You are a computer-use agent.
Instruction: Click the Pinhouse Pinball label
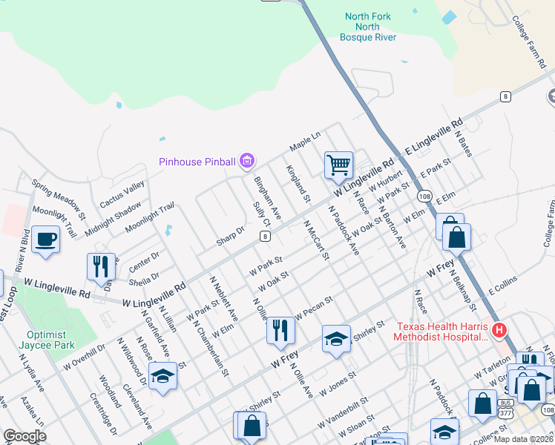pos(197,162)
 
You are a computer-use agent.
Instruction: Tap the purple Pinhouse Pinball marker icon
pos(248,161)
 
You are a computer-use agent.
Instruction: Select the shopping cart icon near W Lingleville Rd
pos(338,165)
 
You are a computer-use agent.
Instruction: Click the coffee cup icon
pos(45,240)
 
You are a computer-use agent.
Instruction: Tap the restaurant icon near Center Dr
pos(101,266)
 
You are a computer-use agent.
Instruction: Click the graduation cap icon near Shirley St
pos(336,339)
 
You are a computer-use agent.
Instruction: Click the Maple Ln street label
pos(304,139)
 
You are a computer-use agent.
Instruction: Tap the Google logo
pos(24,436)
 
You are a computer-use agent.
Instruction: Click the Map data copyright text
pos(523,439)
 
